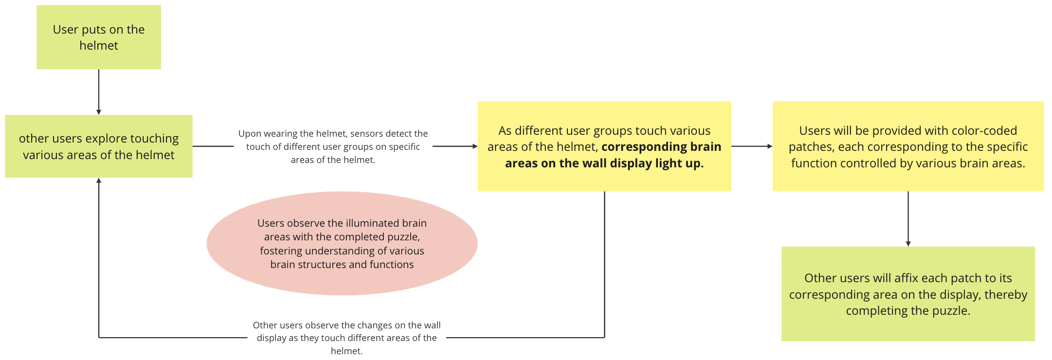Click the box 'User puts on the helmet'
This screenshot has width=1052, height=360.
tap(98, 37)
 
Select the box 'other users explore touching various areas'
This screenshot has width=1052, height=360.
tap(98, 146)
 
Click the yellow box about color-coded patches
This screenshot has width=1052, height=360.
tap(908, 146)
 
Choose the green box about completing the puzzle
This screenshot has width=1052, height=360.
tap(908, 294)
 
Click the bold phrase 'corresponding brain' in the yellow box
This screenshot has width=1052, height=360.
tap(661, 146)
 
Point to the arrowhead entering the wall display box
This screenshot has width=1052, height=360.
tap(475, 146)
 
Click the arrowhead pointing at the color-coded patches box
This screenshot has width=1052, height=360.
tap(770, 146)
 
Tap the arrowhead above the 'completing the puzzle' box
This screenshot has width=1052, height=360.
tap(908, 244)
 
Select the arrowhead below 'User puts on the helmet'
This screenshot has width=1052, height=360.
tap(99, 112)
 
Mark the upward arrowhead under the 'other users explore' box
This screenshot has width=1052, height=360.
tap(99, 180)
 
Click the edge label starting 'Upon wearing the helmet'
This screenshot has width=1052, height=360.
tap(333, 146)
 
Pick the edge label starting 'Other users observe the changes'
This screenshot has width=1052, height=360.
tap(346, 338)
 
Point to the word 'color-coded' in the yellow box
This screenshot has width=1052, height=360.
tap(985, 130)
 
